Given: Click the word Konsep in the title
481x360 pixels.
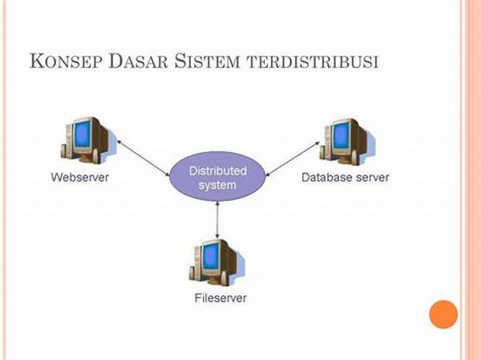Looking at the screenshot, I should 67,62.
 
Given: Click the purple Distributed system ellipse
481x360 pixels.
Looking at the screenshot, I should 217,179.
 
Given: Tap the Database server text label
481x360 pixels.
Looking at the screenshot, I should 345,176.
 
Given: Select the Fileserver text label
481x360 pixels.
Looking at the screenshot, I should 220,298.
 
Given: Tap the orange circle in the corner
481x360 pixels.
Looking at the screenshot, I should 443,313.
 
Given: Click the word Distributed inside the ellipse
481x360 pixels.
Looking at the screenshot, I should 217,171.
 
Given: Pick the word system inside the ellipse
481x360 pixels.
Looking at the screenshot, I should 217,185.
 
